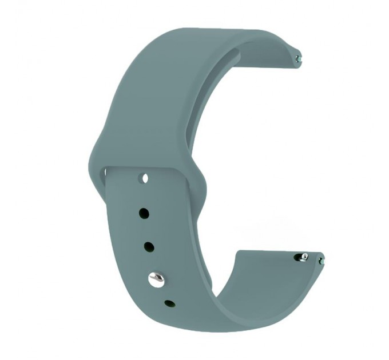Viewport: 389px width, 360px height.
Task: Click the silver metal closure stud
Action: pyautogui.click(x=156, y=279)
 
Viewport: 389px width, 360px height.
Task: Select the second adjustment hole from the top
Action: pyautogui.click(x=144, y=214)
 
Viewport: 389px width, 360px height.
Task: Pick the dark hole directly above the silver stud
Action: pyautogui.click(x=149, y=247)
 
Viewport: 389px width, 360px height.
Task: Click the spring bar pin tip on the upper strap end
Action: pyautogui.click(x=299, y=57)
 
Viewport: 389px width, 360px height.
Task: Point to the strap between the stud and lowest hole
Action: pyautogui.click(x=162, y=292)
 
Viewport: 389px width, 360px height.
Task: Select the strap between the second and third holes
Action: pyautogui.click(x=146, y=230)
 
